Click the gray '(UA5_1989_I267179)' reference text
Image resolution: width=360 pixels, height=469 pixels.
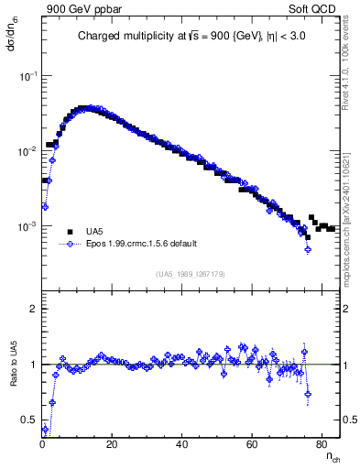[190, 273]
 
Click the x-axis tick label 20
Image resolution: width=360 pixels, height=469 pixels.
[112, 445]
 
